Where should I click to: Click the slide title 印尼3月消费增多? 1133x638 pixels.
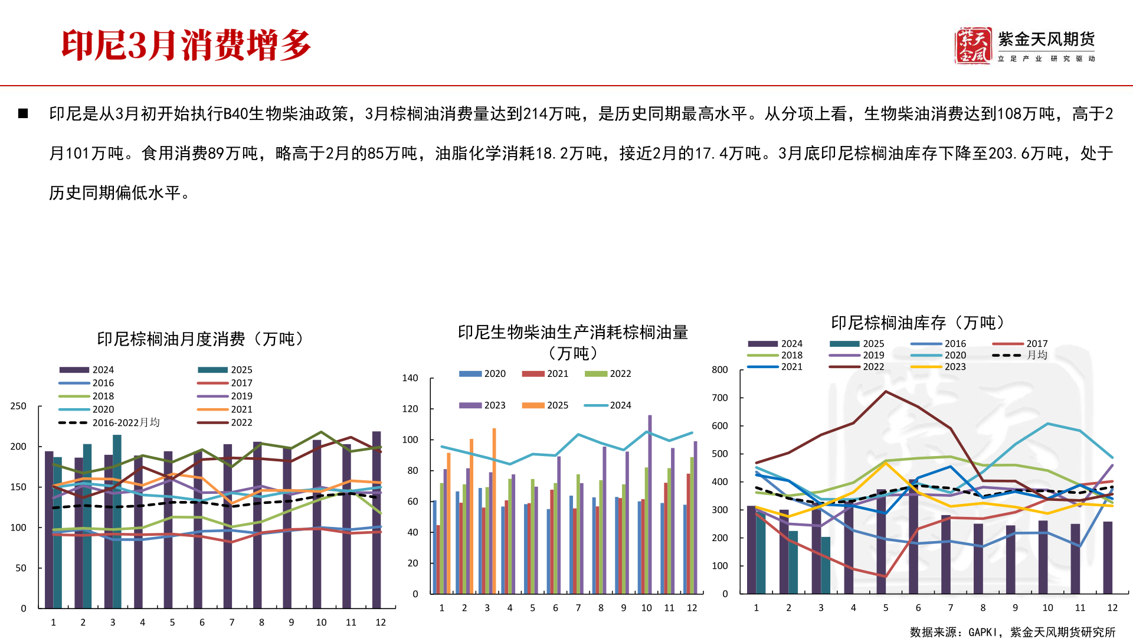[x=186, y=45]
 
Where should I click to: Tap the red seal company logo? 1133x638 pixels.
[x=972, y=45]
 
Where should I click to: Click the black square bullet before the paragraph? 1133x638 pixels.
[x=23, y=113]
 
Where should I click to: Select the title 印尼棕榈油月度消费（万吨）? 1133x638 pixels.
[x=201, y=339]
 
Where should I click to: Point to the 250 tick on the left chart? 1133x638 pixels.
[x=18, y=406]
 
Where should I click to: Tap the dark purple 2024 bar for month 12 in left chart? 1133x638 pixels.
[x=376, y=520]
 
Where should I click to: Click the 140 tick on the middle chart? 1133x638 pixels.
[x=410, y=378]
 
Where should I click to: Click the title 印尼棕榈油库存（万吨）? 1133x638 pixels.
[x=918, y=323]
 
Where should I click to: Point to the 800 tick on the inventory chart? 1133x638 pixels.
[x=719, y=370]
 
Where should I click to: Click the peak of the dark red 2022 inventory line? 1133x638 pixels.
[x=886, y=392]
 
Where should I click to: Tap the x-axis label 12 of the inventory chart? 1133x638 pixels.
[x=1112, y=608]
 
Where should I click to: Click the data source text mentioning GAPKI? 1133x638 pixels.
[x=1012, y=632]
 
